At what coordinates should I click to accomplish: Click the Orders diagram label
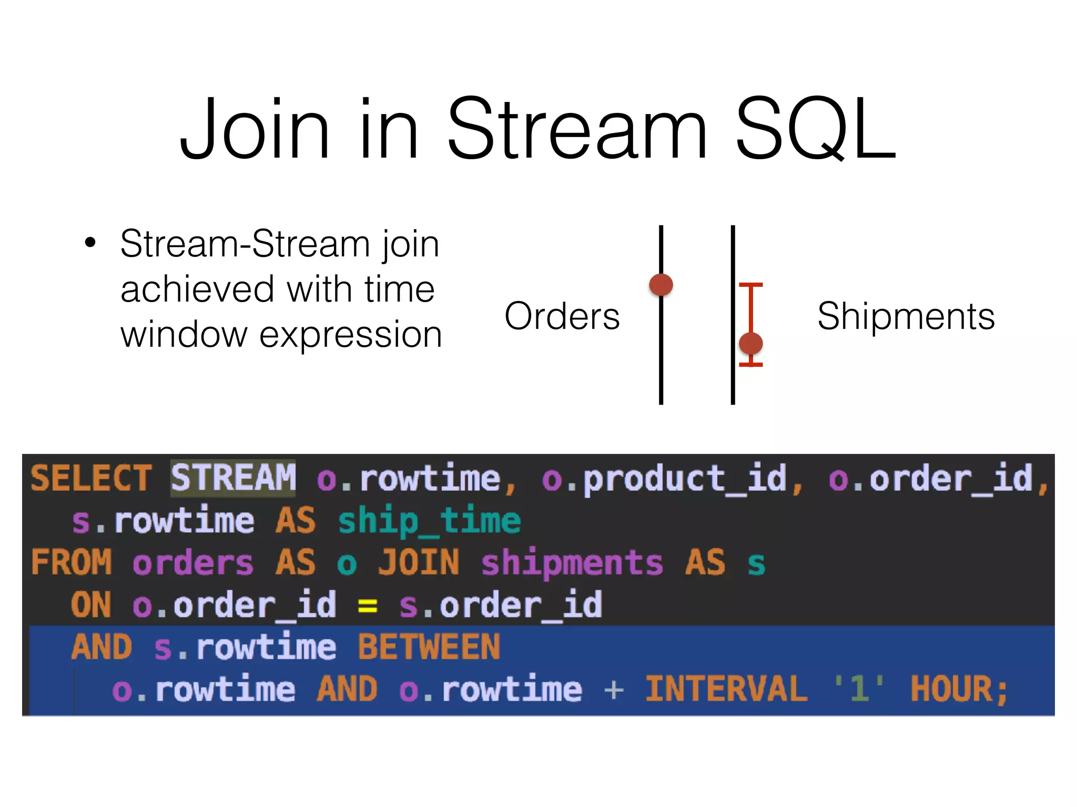coord(562,316)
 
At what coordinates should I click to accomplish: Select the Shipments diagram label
coord(906,316)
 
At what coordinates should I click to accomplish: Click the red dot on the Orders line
coord(661,285)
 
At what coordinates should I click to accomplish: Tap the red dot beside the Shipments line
coord(750,344)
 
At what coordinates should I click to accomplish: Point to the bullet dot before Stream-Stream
coord(90,243)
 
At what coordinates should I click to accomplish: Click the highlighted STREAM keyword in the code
coord(233,478)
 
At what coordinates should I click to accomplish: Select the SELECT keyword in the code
coord(91,478)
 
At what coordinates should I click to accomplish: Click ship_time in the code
coord(429,521)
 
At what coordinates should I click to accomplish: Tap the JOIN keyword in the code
coord(419,563)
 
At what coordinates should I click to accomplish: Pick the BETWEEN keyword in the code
coord(429,647)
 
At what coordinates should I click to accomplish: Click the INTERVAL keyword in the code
coord(726,689)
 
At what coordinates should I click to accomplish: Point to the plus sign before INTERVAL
coord(614,689)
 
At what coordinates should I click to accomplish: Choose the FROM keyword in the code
coord(72,563)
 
